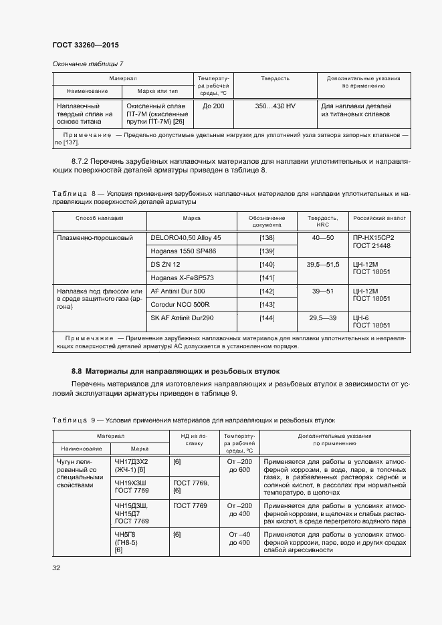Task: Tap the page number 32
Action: [x=57, y=568]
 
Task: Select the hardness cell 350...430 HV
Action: [x=275, y=106]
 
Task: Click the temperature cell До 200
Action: [x=213, y=106]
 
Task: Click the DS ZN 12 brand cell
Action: [x=166, y=265]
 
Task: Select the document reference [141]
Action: [x=267, y=277]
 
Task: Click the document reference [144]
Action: [x=267, y=318]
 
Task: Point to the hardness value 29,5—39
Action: [x=324, y=318]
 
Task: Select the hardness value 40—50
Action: [x=324, y=238]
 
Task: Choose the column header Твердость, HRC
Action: [x=324, y=221]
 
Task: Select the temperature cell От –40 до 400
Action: [x=239, y=539]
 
